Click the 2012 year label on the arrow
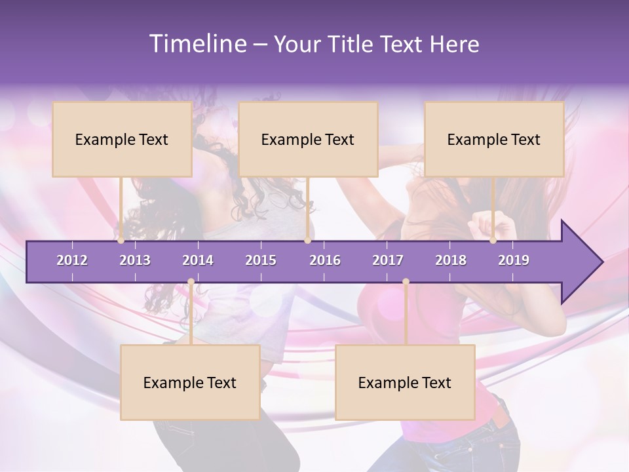click(72, 260)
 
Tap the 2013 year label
click(135, 260)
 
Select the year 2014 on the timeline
click(198, 260)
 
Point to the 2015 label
click(261, 260)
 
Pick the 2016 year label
click(325, 260)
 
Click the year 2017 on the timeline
click(388, 260)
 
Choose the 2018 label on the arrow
click(451, 260)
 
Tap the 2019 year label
click(514, 260)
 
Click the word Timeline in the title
click(197, 44)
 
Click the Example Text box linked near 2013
click(122, 139)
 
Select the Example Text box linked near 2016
click(308, 139)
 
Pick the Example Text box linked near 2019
click(494, 139)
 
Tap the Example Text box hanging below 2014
click(190, 382)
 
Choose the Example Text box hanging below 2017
click(405, 382)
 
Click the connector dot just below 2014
click(191, 282)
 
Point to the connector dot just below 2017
click(406, 282)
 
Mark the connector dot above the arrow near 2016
click(307, 241)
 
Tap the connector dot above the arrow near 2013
click(121, 241)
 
